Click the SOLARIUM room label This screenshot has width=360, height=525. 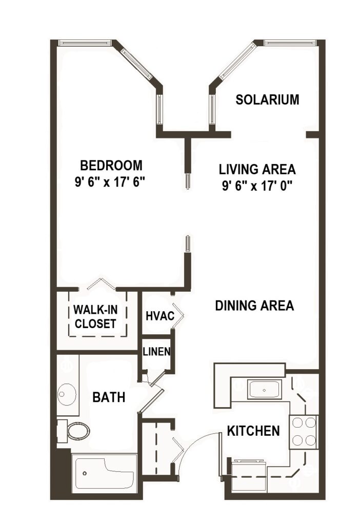click(267, 99)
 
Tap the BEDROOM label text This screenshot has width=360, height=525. click(111, 166)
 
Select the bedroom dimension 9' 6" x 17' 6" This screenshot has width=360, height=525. click(111, 183)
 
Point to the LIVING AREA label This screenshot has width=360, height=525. click(257, 169)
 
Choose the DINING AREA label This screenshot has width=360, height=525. click(254, 306)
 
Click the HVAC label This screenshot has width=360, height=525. click(157, 316)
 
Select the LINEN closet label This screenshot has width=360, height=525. click(156, 352)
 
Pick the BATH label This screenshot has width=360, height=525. click(109, 397)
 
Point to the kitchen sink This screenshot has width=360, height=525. click(264, 390)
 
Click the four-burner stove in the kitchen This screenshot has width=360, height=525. click(303, 431)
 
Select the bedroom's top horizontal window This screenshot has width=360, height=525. click(85, 43)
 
